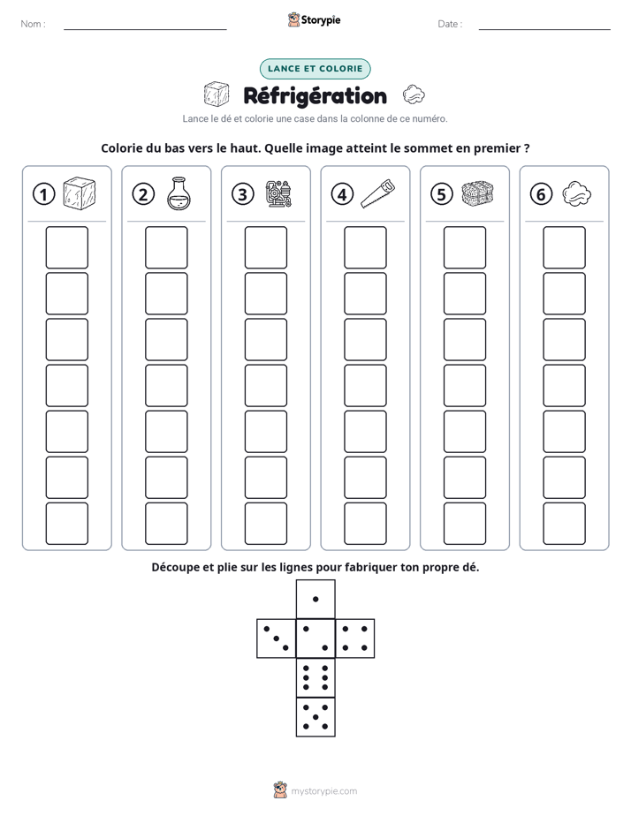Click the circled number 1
(43, 194)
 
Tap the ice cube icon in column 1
(80, 193)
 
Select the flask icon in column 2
(179, 193)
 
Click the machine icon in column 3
(278, 194)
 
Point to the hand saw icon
(378, 194)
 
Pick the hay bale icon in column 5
(477, 193)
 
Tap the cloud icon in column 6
(577, 194)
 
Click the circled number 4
(342, 194)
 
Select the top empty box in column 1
(66, 247)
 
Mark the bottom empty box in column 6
(564, 524)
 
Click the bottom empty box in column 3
(265, 524)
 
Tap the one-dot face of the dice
(315, 599)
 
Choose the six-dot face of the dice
(315, 677)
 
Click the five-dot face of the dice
(315, 716)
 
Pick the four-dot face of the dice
(355, 638)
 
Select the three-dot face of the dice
(277, 638)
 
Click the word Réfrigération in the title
(315, 96)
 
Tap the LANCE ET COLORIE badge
(315, 69)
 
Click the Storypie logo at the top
(314, 20)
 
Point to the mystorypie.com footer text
(323, 791)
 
